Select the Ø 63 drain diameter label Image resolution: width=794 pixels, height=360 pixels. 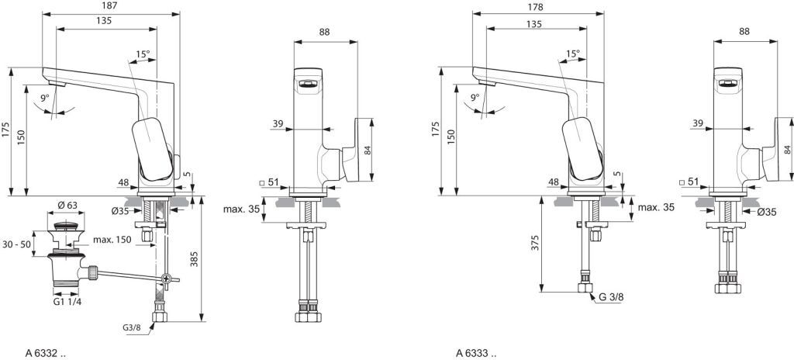coord(67,206)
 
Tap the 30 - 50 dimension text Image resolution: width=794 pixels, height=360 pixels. coord(16,244)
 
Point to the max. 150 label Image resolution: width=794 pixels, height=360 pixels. coord(112,239)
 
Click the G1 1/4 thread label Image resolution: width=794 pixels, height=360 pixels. coord(67,302)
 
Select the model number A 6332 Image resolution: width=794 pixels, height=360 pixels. coord(46,354)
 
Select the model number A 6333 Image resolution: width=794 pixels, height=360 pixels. coord(477,354)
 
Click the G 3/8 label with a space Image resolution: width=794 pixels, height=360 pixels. coord(611,298)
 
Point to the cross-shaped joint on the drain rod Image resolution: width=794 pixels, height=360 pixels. coord(167,278)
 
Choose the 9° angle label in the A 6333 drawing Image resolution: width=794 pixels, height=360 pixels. coord(475,96)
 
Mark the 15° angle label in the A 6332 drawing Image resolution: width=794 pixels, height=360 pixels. coord(143,54)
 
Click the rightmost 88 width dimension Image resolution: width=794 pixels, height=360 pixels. coord(744,32)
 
